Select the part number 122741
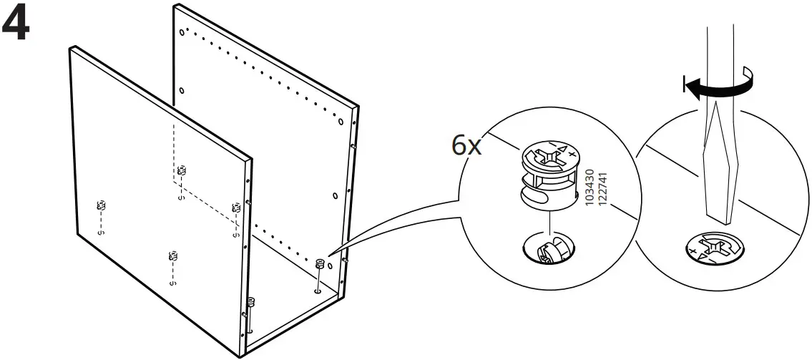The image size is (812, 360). coord(602,188)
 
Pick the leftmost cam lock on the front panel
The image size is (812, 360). coord(101,206)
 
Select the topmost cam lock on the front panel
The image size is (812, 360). coord(182,170)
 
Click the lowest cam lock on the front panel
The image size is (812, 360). coord(172,256)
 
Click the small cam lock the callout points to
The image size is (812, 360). coord(319,264)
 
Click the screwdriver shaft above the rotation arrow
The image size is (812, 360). coord(719,43)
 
